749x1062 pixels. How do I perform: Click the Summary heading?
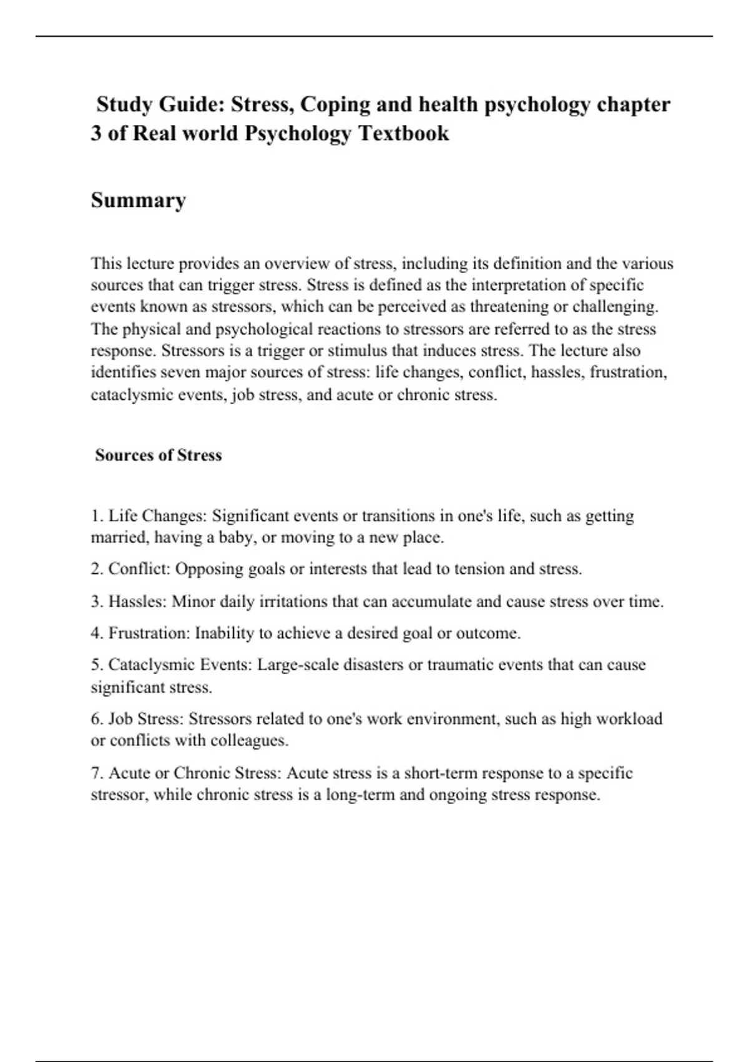pos(138,201)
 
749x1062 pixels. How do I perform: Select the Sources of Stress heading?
pos(159,455)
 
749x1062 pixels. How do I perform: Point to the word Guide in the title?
pos(192,104)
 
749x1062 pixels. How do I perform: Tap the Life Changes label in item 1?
pos(157,516)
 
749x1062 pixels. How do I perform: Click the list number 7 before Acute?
pos(96,773)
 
